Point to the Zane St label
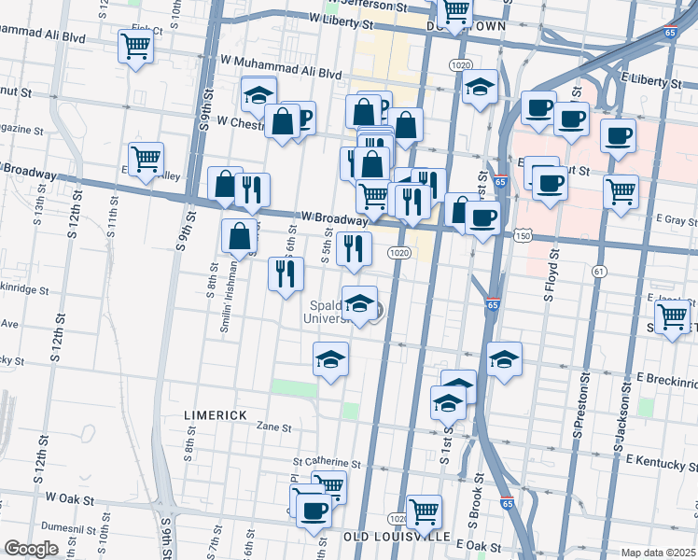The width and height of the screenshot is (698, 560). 274,427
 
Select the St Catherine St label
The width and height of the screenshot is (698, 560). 326,462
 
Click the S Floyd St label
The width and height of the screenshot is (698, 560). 550,272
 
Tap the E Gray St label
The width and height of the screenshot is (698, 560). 676,220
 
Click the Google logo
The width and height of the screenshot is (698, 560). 31,549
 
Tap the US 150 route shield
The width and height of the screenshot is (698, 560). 524,237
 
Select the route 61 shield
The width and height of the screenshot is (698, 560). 598,271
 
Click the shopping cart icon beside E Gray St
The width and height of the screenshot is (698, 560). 621,191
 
